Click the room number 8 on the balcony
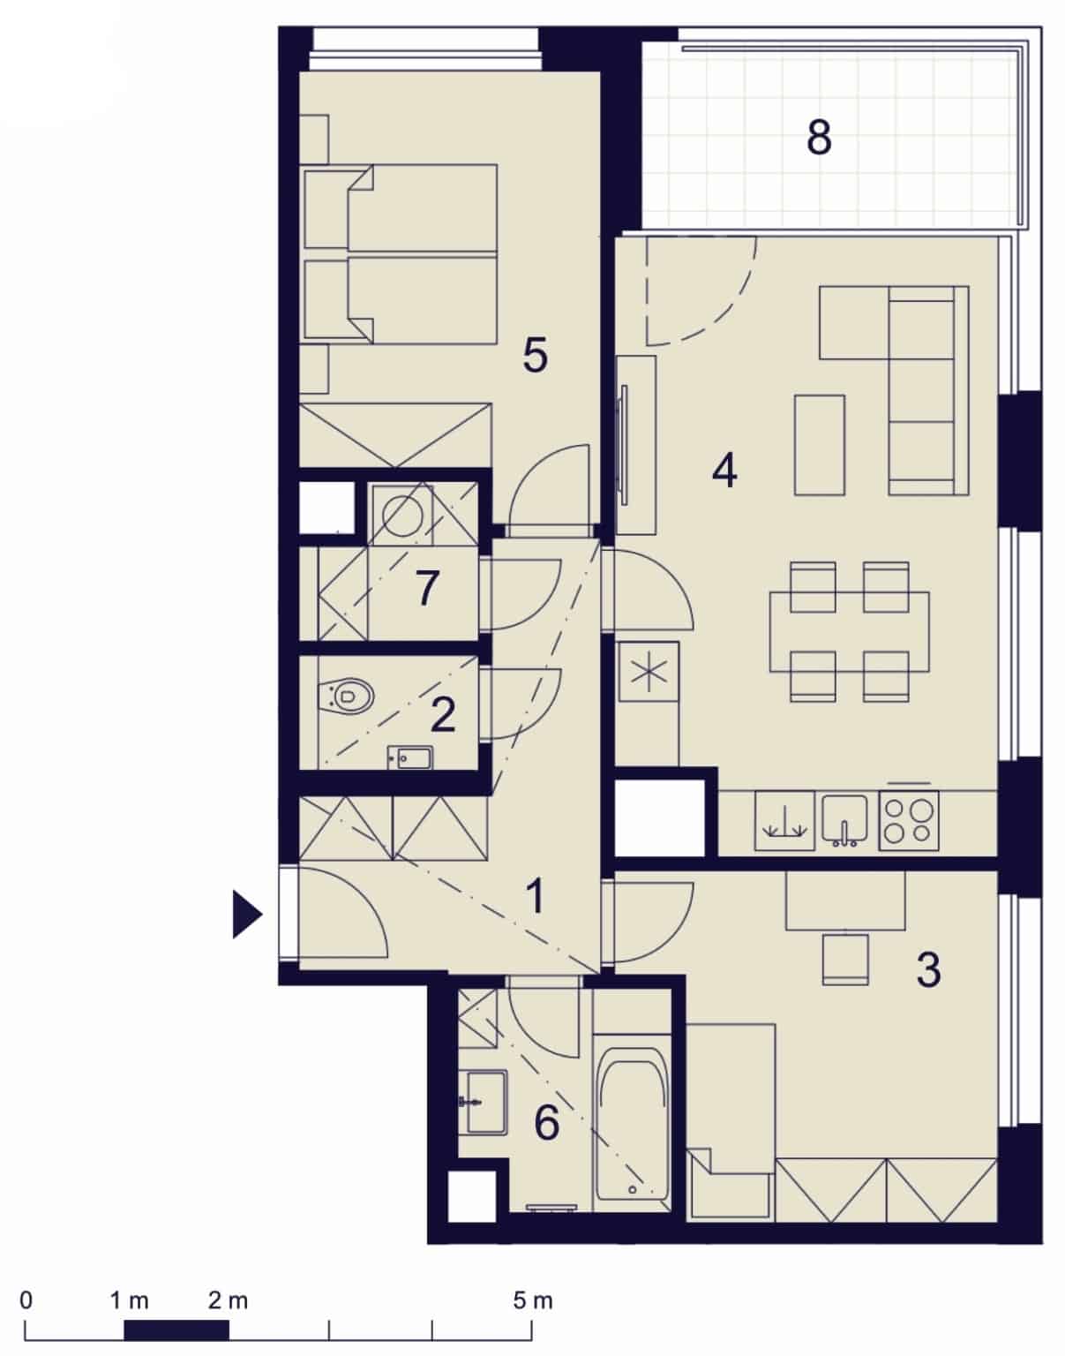click(819, 138)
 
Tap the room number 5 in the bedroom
click(535, 355)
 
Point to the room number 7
click(427, 588)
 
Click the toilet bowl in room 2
click(345, 695)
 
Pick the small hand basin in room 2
click(409, 757)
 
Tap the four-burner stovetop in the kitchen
click(909, 821)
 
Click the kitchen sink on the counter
click(844, 818)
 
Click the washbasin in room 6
click(485, 1103)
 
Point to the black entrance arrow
click(247, 915)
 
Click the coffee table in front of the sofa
click(820, 445)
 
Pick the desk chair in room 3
click(845, 960)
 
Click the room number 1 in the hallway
click(535, 896)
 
